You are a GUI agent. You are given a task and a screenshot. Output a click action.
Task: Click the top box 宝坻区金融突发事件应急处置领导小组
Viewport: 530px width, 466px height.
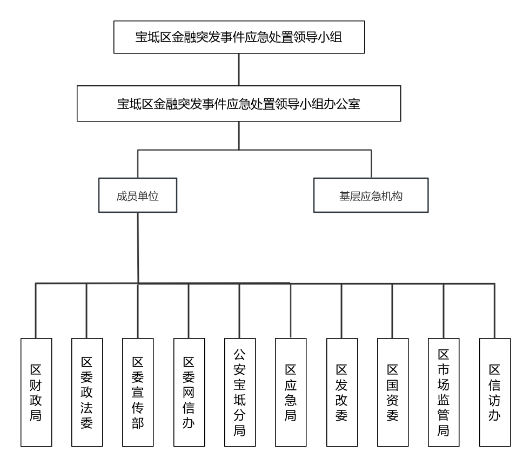pyautogui.click(x=239, y=37)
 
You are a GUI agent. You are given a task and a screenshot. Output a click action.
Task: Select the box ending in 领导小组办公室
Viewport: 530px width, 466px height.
pyautogui.click(x=239, y=103)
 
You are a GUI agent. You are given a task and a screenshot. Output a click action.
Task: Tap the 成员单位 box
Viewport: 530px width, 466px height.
pyautogui.click(x=138, y=195)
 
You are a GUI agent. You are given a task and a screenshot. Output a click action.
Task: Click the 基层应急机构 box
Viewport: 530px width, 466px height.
pyautogui.click(x=371, y=195)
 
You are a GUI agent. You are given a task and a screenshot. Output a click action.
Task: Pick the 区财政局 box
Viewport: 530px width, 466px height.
pyautogui.click(x=36, y=393)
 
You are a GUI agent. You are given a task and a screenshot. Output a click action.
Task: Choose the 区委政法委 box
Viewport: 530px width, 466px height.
pyautogui.click(x=87, y=393)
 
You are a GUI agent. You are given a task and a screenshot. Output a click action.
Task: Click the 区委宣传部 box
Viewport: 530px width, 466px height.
pyautogui.click(x=138, y=393)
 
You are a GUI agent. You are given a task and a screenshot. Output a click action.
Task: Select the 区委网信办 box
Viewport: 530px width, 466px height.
pyautogui.click(x=189, y=393)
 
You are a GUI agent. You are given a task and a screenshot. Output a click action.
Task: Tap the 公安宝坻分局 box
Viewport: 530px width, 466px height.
pyautogui.click(x=240, y=393)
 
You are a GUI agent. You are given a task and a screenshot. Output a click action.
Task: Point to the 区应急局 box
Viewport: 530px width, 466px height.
pyautogui.click(x=291, y=393)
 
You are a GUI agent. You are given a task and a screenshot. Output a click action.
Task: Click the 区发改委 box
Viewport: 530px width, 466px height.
pyautogui.click(x=342, y=393)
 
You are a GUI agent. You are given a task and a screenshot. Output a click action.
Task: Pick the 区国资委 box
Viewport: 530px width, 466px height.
pyautogui.click(x=393, y=393)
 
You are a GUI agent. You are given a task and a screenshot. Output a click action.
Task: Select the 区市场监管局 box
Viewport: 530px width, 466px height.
pyautogui.click(x=444, y=393)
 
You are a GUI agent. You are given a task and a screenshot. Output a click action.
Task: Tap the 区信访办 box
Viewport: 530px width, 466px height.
pyautogui.click(x=495, y=393)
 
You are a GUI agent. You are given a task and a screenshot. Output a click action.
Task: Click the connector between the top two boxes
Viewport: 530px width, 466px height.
pyautogui.click(x=239, y=69)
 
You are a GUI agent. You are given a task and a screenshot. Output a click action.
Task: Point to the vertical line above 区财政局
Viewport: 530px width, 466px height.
pyautogui.click(x=36, y=311)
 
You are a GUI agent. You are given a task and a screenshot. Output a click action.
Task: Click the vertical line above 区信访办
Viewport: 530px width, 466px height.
pyautogui.click(x=494, y=311)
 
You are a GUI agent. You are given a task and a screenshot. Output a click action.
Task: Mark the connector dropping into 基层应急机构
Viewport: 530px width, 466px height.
pyautogui.click(x=371, y=164)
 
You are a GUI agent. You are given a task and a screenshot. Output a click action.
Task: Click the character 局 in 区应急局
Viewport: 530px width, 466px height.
pyautogui.click(x=290, y=416)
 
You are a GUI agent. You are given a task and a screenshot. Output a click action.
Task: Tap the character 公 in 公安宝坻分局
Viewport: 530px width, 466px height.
pyautogui.click(x=239, y=354)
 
